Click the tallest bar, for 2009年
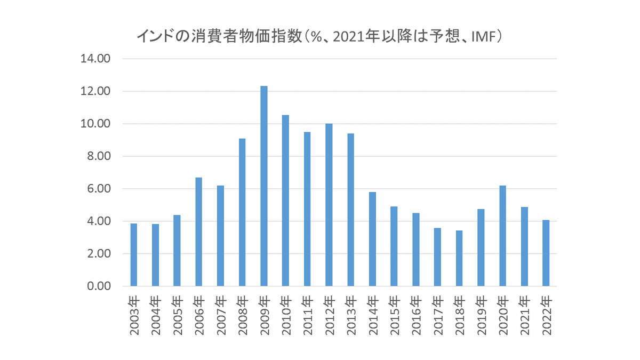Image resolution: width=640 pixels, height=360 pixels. click(264, 186)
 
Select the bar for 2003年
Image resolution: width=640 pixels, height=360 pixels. click(134, 255)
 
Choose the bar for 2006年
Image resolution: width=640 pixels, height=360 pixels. click(199, 232)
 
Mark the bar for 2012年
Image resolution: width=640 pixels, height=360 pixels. click(329, 205)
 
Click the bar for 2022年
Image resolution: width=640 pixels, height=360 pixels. click(546, 253)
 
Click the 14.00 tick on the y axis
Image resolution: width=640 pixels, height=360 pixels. click(95, 59)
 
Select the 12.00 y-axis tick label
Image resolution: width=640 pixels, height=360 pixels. click(95, 92)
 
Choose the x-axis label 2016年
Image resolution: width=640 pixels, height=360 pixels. click(416, 316)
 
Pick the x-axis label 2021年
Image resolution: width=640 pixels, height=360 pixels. click(524, 316)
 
